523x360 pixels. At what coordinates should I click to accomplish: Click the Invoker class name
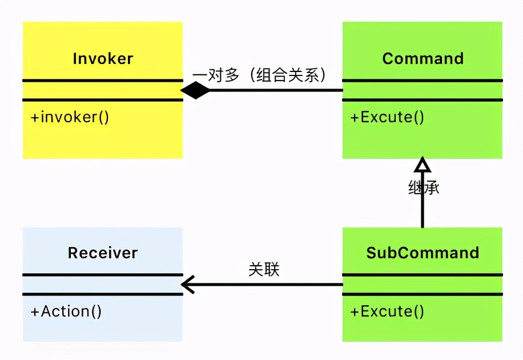coord(103,58)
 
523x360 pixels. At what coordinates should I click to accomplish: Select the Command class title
coord(423,58)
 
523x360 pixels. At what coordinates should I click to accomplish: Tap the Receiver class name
coord(103,253)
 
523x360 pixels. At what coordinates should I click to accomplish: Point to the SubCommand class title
coord(423,253)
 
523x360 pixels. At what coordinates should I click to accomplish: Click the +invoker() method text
coord(70,117)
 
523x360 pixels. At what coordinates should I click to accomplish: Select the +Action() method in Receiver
coord(66,311)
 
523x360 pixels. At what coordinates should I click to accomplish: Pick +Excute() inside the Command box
coord(388,117)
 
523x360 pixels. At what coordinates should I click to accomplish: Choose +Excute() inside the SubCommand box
coord(388,311)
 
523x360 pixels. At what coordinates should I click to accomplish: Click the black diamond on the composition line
coord(195,90)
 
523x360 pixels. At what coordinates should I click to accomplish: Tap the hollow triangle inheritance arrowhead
coord(422,165)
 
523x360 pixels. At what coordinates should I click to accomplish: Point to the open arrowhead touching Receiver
coord(188,284)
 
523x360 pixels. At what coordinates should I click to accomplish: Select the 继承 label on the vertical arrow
coord(424,188)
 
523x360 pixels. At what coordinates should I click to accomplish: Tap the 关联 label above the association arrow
coord(264,269)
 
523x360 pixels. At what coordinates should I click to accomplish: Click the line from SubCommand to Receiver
coord(268,284)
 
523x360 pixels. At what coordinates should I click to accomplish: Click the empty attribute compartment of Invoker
coord(103,90)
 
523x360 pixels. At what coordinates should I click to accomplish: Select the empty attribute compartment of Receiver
coord(103,285)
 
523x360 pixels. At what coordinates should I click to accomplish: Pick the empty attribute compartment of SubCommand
coord(423,285)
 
